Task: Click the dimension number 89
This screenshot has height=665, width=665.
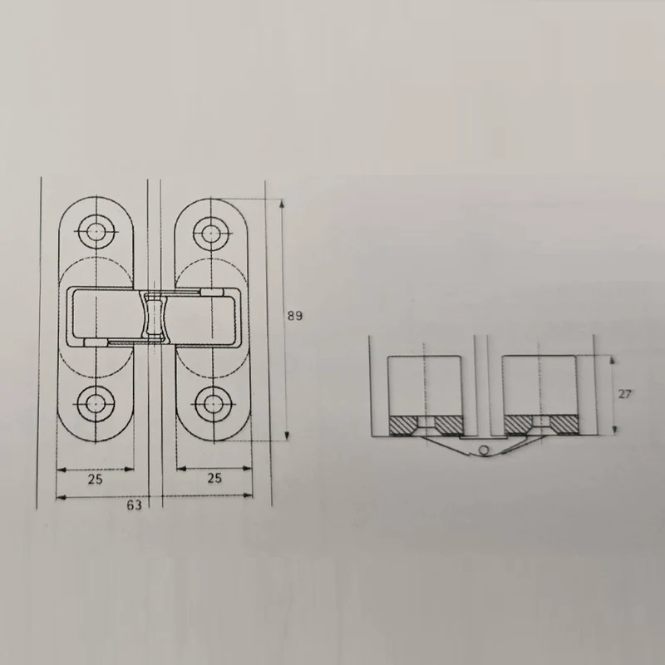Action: tap(295, 316)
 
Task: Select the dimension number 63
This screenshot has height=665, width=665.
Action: tap(134, 505)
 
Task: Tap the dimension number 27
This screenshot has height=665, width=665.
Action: tap(624, 394)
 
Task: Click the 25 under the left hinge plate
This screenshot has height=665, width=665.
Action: tap(95, 480)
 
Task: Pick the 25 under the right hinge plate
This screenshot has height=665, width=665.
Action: tap(214, 478)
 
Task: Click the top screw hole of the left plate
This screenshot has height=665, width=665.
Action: tap(96, 232)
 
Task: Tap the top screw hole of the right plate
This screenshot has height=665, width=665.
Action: tap(211, 233)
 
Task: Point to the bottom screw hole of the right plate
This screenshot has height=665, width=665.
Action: tap(211, 404)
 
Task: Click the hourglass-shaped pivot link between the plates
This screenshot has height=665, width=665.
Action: tap(154, 316)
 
